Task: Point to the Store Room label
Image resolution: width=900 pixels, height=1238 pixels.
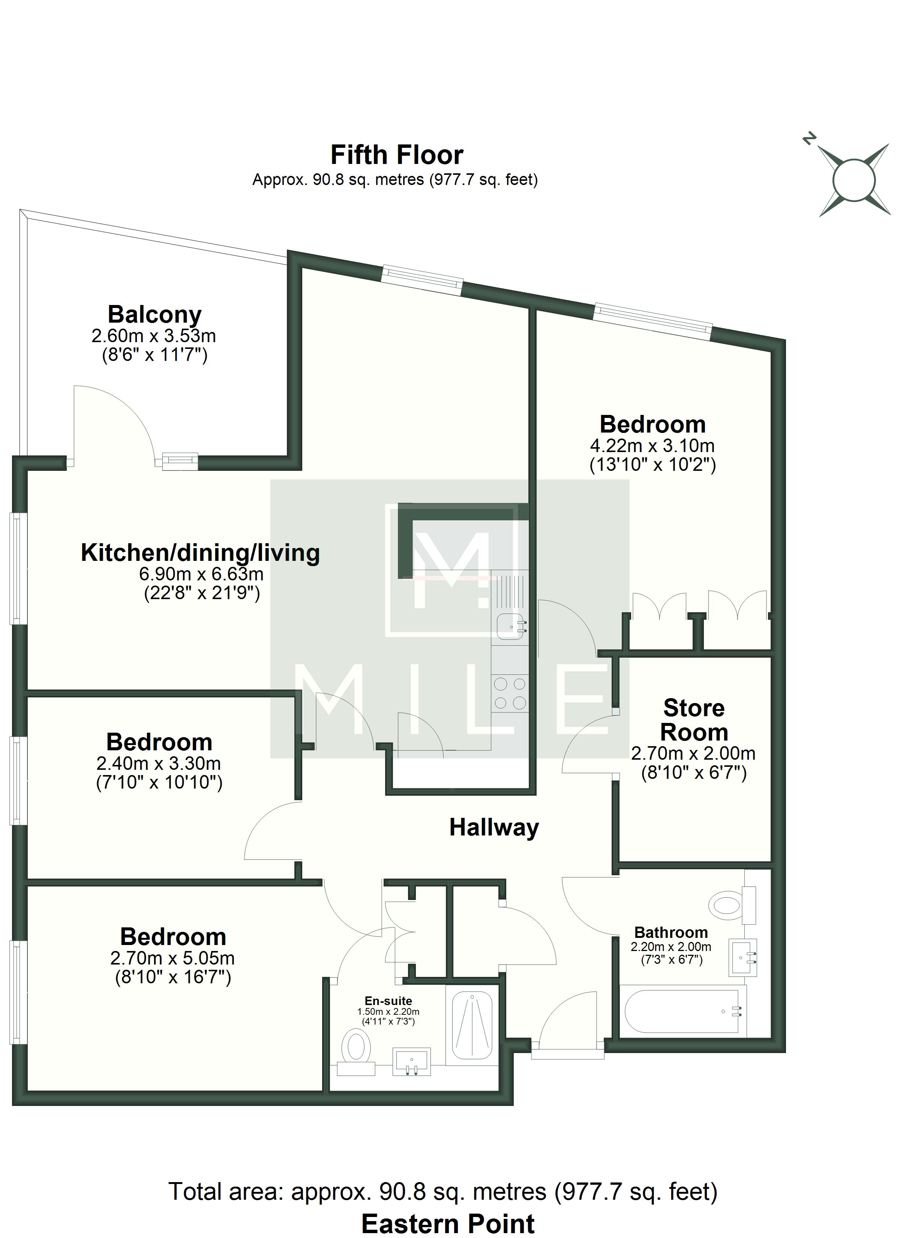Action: [694, 720]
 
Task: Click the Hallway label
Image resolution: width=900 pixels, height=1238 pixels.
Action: [494, 828]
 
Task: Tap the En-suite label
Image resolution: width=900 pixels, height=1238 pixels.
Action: [388, 1001]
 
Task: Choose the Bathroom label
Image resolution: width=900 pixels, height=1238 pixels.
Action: [671, 932]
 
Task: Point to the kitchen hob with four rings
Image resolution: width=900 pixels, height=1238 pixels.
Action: [510, 693]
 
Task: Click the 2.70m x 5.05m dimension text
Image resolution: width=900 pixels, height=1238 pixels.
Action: [172, 958]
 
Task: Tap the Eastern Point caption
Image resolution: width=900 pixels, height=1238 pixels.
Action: [448, 1225]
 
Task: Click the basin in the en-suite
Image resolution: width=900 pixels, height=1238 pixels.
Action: [411, 1062]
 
